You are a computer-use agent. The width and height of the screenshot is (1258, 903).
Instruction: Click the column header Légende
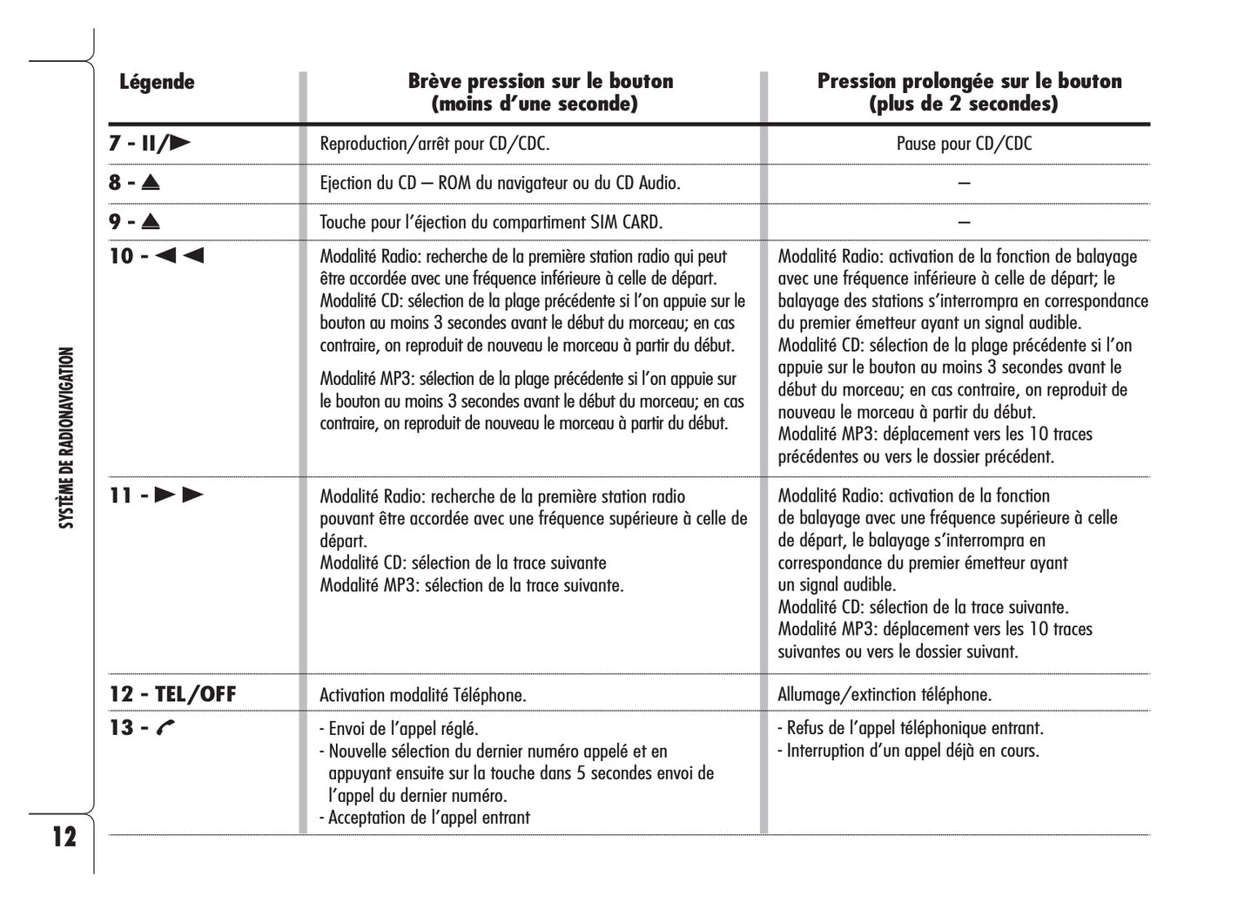point(157,83)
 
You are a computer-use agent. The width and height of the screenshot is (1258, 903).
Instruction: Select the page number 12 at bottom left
point(64,837)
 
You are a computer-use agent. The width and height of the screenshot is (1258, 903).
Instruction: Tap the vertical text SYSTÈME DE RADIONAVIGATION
point(66,438)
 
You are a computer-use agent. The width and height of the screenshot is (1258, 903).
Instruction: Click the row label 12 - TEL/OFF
point(172,694)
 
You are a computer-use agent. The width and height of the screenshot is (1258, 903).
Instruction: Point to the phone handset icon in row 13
point(165,728)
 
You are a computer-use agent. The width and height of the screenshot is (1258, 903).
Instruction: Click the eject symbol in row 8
point(151,183)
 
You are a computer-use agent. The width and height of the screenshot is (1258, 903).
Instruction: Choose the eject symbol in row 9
point(151,222)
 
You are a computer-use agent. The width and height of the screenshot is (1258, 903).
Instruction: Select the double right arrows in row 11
point(179,495)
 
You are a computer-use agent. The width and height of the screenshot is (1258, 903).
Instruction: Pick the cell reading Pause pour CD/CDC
point(964,144)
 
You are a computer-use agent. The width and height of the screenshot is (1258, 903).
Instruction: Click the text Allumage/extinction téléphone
point(885,695)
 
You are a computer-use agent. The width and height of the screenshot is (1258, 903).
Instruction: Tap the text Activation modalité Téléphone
point(423,695)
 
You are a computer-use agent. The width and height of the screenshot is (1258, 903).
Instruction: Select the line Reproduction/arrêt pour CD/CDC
point(434,144)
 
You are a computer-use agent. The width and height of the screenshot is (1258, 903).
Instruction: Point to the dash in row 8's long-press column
point(964,183)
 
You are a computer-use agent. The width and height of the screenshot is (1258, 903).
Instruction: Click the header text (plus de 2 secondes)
point(964,104)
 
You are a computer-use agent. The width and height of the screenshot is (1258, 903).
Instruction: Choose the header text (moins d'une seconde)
point(535,104)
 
